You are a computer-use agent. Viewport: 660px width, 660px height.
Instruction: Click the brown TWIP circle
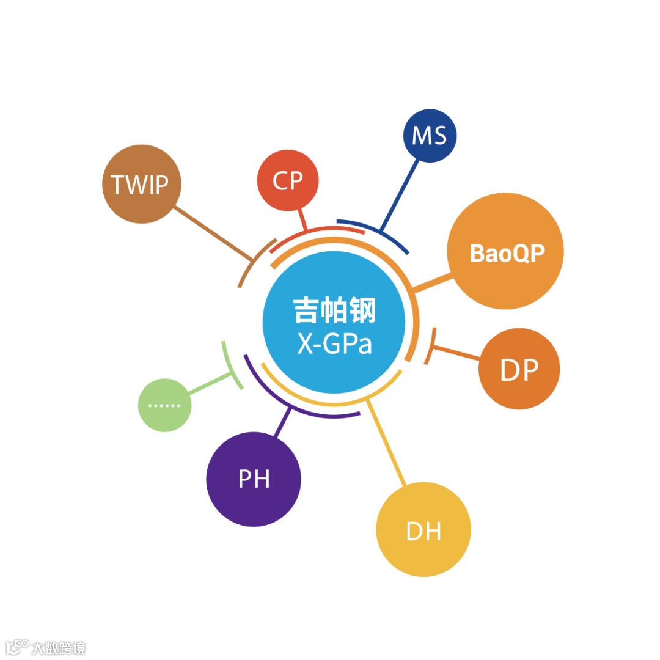click(x=142, y=184)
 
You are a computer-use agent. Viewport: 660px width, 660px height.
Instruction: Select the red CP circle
click(x=288, y=180)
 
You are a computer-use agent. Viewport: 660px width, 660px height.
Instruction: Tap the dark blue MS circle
click(x=429, y=136)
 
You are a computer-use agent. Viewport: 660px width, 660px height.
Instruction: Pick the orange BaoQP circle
click(x=505, y=252)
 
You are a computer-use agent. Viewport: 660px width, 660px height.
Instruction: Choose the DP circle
click(x=519, y=369)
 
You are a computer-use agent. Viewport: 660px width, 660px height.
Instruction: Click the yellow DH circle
click(x=424, y=530)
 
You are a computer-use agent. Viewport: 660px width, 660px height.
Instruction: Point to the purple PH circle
click(x=254, y=479)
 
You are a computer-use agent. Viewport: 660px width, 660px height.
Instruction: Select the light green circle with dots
click(x=165, y=405)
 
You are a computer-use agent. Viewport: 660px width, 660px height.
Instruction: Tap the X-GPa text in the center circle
click(x=334, y=344)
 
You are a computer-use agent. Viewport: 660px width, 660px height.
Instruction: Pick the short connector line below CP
click(x=302, y=219)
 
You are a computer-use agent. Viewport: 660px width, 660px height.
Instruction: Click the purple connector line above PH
click(x=283, y=422)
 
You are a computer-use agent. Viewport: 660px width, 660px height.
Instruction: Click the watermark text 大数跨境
click(x=59, y=648)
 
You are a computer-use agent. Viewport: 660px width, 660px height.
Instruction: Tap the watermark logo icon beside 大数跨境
click(x=16, y=647)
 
